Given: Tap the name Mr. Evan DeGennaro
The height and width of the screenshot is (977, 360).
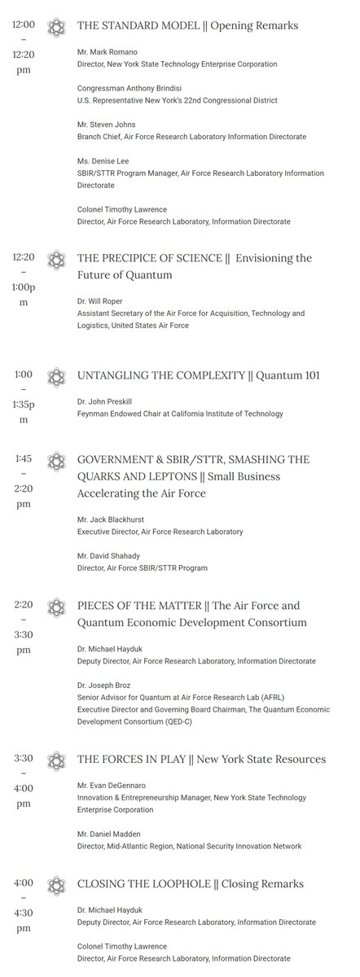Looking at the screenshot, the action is (x=112, y=784).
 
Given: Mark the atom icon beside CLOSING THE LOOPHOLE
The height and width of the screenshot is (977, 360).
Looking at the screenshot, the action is (x=55, y=883).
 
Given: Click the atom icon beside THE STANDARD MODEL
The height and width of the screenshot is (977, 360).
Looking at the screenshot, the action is (x=55, y=25).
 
